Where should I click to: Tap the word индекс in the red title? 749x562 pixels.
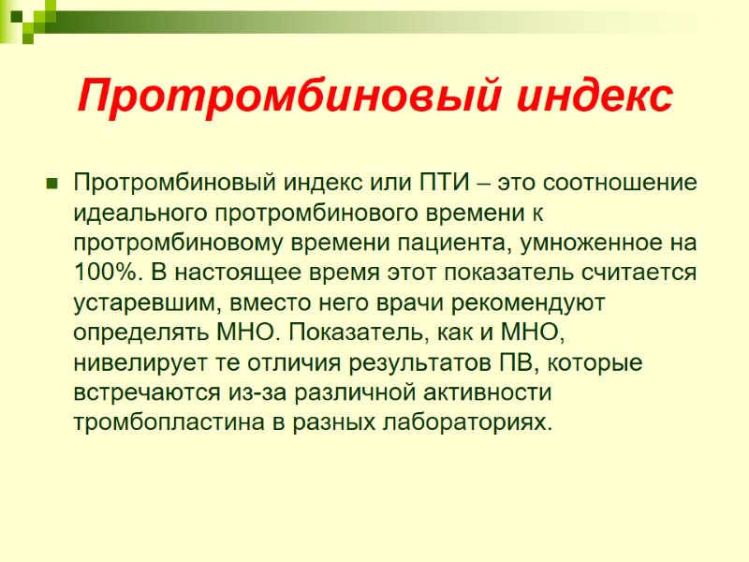(587, 96)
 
